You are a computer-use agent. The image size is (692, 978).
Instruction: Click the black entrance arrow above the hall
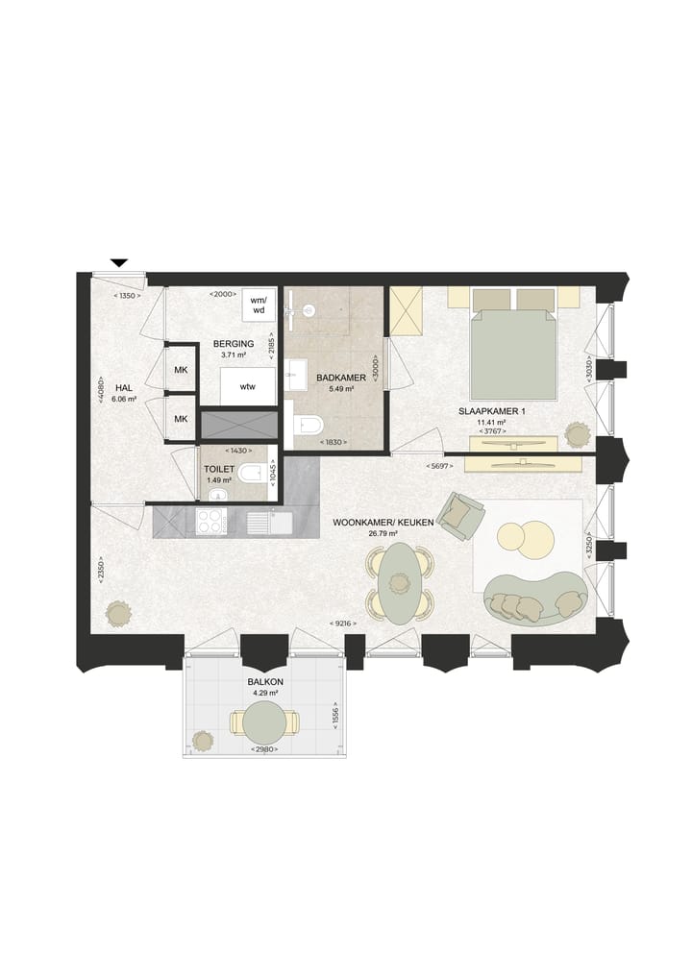118,262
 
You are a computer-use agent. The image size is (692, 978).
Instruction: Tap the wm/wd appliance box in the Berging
258,305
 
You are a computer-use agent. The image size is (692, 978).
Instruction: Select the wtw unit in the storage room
248,387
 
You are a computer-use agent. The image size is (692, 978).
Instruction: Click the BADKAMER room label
340,378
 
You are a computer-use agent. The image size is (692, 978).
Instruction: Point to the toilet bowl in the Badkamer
309,426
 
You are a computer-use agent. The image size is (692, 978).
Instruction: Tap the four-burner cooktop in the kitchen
211,522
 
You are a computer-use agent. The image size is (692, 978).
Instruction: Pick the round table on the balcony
264,722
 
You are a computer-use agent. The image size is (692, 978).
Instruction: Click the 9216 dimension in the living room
345,623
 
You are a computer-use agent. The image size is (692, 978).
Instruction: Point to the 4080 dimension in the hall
101,390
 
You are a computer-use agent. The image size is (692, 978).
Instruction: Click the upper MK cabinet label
181,370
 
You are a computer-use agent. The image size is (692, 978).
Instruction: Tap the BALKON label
265,682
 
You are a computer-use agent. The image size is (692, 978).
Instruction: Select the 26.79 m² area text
383,534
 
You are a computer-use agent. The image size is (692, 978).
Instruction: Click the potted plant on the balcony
203,741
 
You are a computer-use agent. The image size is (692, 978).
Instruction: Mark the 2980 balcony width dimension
264,749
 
